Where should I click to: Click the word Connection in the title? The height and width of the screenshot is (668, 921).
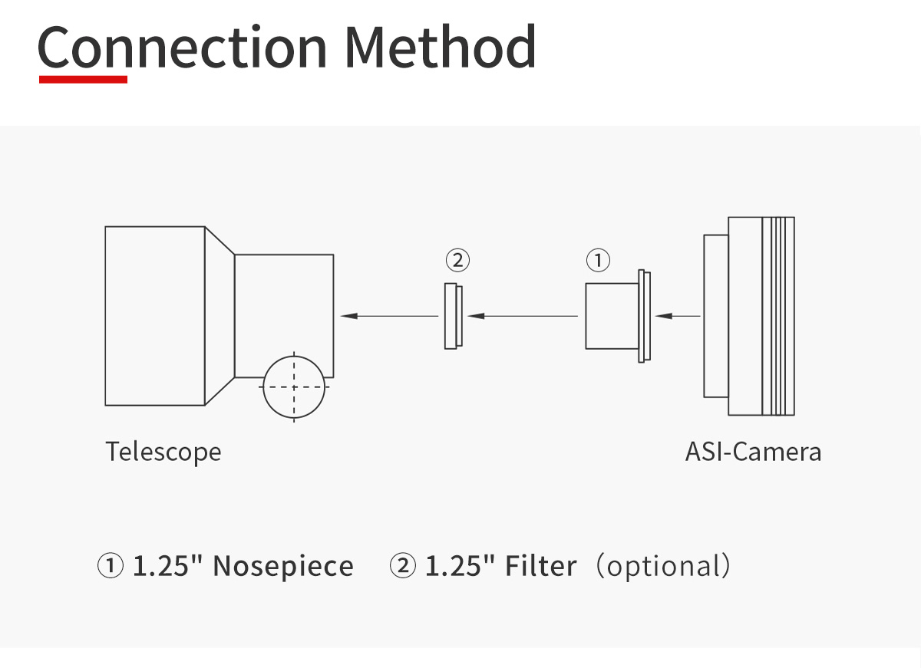click(x=182, y=47)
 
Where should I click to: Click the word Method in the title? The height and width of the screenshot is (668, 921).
click(x=441, y=46)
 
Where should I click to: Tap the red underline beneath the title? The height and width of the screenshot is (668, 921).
click(x=83, y=79)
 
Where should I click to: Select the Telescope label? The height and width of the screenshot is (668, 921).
click(x=163, y=452)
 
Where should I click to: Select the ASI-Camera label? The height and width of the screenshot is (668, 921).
click(x=753, y=452)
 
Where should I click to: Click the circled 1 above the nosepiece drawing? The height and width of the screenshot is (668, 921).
click(x=598, y=260)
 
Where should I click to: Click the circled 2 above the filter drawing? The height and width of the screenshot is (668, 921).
click(x=457, y=260)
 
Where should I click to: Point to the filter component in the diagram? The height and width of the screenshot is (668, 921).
click(x=453, y=316)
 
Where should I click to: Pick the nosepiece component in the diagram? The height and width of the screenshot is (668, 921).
click(x=618, y=316)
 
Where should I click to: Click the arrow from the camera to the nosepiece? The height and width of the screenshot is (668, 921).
click(x=678, y=316)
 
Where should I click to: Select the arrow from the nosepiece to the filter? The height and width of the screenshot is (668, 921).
click(x=523, y=316)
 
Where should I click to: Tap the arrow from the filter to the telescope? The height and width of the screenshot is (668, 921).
click(x=390, y=316)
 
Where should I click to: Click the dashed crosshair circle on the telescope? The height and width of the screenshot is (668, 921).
click(x=294, y=387)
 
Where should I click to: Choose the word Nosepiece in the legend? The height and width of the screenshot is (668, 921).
click(x=283, y=567)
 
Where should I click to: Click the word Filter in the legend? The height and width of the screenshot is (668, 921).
click(x=540, y=566)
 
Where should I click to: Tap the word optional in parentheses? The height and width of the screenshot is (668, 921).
click(x=663, y=567)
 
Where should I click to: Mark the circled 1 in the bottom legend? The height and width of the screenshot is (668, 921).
click(x=111, y=566)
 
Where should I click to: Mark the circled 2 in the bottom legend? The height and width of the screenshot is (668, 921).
click(x=402, y=566)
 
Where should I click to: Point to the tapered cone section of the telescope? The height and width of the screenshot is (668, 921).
click(x=220, y=316)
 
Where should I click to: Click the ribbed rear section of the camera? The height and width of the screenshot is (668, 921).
click(x=778, y=316)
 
